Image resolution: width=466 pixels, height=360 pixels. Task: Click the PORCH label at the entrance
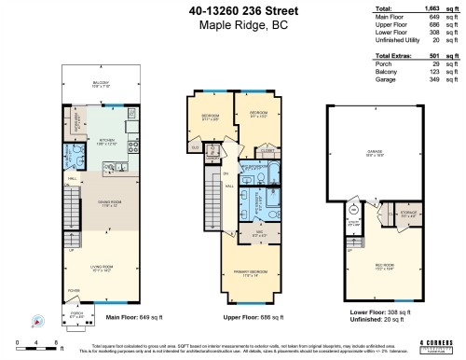tap(78, 313)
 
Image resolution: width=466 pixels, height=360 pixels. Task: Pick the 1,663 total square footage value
tap(430, 9)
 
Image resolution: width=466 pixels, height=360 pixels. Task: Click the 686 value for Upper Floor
tap(432, 25)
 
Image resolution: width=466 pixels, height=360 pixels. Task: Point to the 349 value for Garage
tap(432, 78)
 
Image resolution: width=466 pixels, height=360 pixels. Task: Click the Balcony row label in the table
tap(360, 71)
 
